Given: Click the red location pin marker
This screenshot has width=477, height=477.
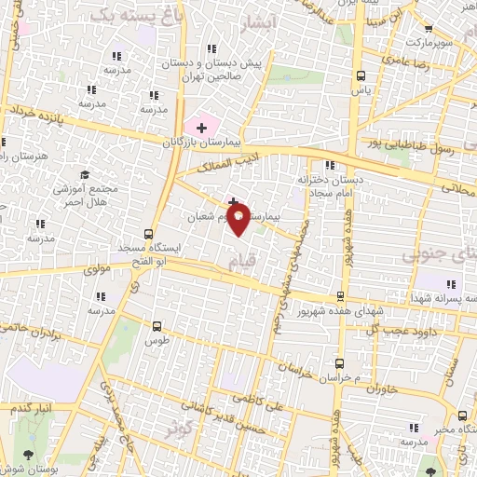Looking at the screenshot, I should point(238,222).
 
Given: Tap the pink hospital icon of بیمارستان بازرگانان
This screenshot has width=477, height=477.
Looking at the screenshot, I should point(200,127).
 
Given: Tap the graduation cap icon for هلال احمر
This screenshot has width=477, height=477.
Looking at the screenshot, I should point(85,175).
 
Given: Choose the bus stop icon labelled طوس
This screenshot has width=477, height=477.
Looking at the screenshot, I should point(157,326).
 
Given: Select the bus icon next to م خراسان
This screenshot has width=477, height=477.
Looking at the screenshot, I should point(339,361).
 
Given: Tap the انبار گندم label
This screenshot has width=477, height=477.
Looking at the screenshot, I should point(32,408).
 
